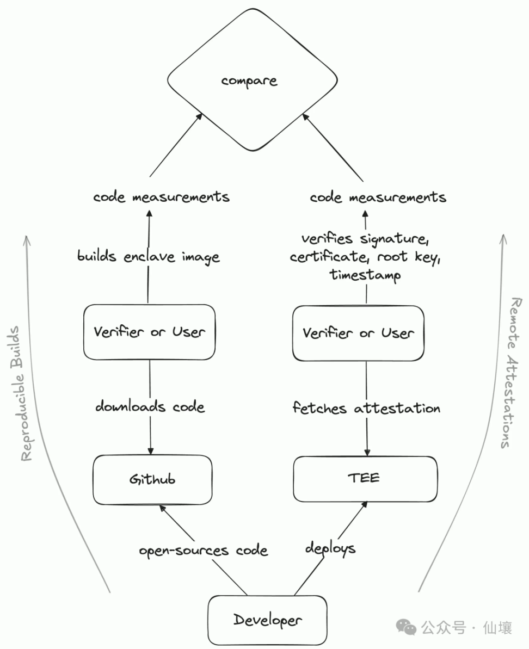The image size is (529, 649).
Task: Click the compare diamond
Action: (x=249, y=81)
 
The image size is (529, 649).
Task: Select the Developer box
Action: (x=267, y=620)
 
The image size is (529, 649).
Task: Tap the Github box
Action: (x=152, y=479)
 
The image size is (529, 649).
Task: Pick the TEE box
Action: (x=365, y=478)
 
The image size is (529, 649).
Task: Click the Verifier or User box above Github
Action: (x=149, y=332)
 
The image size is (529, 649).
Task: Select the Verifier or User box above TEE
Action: (x=358, y=333)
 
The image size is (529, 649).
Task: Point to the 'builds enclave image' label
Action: (x=149, y=256)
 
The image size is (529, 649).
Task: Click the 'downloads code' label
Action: (x=150, y=406)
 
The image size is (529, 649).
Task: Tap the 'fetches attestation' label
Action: (x=366, y=407)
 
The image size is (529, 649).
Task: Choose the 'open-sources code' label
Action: (x=203, y=551)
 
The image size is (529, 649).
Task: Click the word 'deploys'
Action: (x=330, y=548)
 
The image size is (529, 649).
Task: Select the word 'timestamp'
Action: (x=365, y=275)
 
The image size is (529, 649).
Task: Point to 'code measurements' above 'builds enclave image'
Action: (x=161, y=196)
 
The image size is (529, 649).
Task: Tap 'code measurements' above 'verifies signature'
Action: (x=378, y=196)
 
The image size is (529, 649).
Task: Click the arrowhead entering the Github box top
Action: (x=150, y=452)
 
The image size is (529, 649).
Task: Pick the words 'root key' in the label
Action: (x=407, y=257)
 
